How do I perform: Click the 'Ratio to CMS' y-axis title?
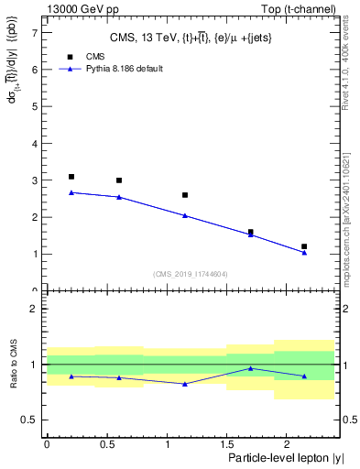(x=14, y=365)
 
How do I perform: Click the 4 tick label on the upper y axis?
(x=35, y=143)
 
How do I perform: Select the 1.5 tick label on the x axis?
(x=226, y=443)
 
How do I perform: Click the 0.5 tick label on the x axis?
(x=106, y=443)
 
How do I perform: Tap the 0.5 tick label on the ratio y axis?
(x=30, y=420)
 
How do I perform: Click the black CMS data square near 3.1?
(x=71, y=177)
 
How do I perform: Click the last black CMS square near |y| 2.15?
(x=304, y=246)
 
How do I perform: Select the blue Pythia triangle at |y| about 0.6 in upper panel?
(x=119, y=197)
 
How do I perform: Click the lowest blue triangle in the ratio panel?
(x=185, y=384)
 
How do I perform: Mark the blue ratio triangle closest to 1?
(x=250, y=368)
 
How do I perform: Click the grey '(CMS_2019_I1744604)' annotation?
(x=190, y=274)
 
